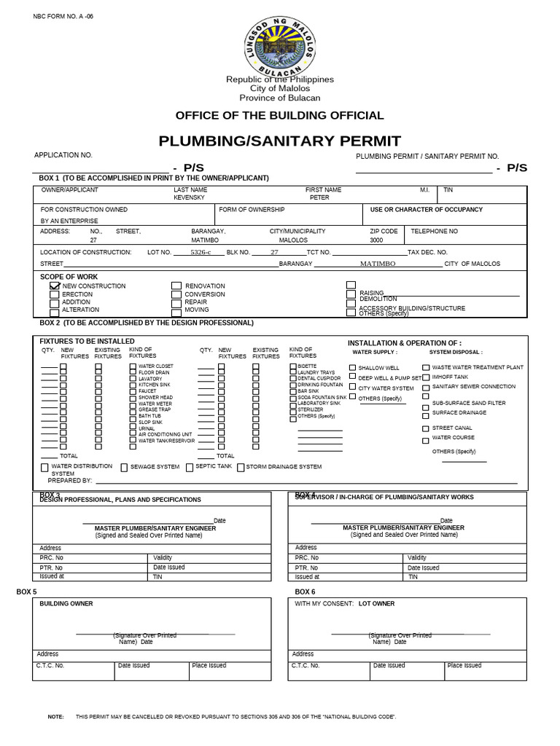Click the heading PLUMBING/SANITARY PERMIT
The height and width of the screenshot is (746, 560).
280,141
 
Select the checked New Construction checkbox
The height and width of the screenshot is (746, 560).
55,286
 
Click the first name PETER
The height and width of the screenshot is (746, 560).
319,197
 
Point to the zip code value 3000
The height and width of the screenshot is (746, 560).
376,240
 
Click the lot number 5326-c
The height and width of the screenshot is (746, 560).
201,252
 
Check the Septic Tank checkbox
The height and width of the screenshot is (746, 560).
190,467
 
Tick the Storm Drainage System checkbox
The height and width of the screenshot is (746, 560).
241,467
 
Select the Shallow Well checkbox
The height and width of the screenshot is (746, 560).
353,369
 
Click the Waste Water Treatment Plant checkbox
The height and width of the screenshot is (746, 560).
426,368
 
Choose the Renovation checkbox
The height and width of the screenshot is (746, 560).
176,286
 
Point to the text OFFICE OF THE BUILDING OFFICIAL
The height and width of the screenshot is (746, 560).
279,115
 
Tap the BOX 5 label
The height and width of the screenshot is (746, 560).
26,592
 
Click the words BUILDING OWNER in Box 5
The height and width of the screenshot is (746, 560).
66,603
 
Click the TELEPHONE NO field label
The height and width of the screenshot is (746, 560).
435,231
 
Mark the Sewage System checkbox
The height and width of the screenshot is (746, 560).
125,467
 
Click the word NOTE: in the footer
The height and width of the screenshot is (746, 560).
56,717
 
